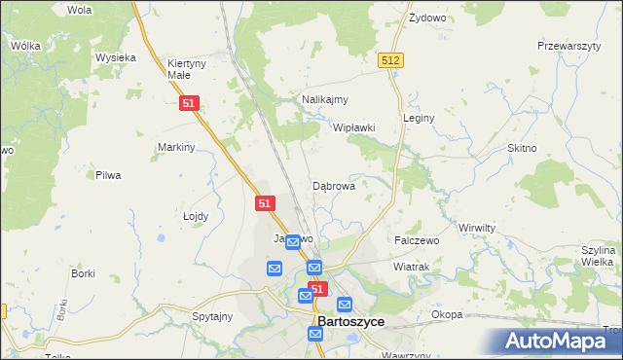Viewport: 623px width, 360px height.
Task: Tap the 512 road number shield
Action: pos(391,60)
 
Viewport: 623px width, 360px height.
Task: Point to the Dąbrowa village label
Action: pos(333,185)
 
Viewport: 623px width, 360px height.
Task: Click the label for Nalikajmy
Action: pos(325,99)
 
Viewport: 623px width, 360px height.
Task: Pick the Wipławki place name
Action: pos(354,127)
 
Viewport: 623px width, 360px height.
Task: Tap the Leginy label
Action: pos(419,117)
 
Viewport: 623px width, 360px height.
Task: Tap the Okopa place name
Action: pos(447,314)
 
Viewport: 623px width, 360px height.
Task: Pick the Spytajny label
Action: pos(212,316)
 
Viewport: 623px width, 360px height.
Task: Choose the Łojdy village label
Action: pos(196,217)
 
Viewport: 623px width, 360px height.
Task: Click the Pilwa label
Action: pos(107,175)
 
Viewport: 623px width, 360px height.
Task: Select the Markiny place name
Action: pos(177,147)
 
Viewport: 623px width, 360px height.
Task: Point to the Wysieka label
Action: pos(115,57)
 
